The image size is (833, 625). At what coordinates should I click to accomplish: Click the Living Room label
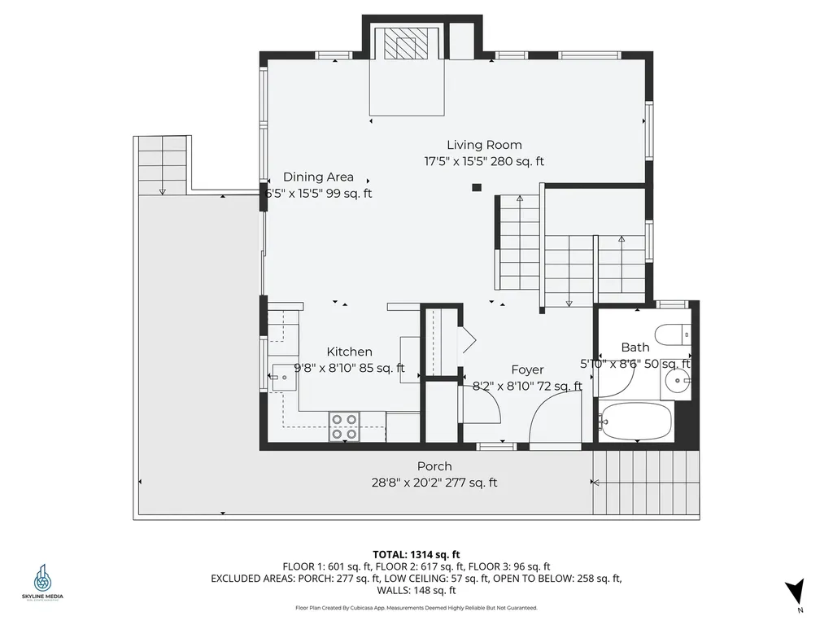click(x=484, y=145)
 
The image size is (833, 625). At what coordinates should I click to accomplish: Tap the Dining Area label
click(x=318, y=177)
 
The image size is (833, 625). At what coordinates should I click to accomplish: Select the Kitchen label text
click(x=350, y=352)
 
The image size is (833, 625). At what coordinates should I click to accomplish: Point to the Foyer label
click(x=527, y=369)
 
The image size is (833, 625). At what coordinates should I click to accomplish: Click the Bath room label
click(x=635, y=347)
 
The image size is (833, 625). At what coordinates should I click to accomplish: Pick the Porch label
click(x=434, y=466)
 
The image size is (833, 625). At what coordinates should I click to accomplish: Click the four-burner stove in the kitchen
click(x=345, y=426)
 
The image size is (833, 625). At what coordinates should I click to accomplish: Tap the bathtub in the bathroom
click(x=635, y=421)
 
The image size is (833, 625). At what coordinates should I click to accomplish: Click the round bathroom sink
click(x=677, y=379)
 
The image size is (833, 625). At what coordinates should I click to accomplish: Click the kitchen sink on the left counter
click(x=284, y=378)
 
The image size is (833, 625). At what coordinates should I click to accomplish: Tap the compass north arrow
click(x=796, y=592)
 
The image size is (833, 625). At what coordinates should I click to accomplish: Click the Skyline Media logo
click(x=42, y=581)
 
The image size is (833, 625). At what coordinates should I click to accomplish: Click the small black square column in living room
click(x=477, y=188)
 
